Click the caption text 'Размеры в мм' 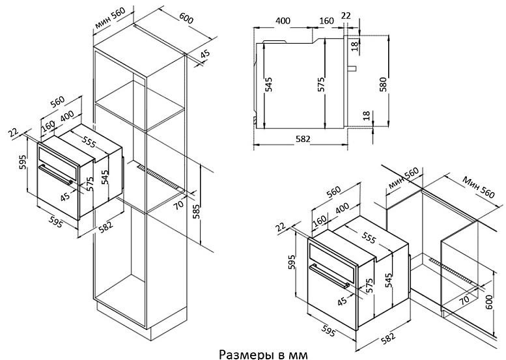point(260,354)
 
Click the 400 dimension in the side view point(283,20)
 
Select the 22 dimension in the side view point(345,15)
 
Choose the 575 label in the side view point(321,84)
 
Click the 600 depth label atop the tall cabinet point(186,20)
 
